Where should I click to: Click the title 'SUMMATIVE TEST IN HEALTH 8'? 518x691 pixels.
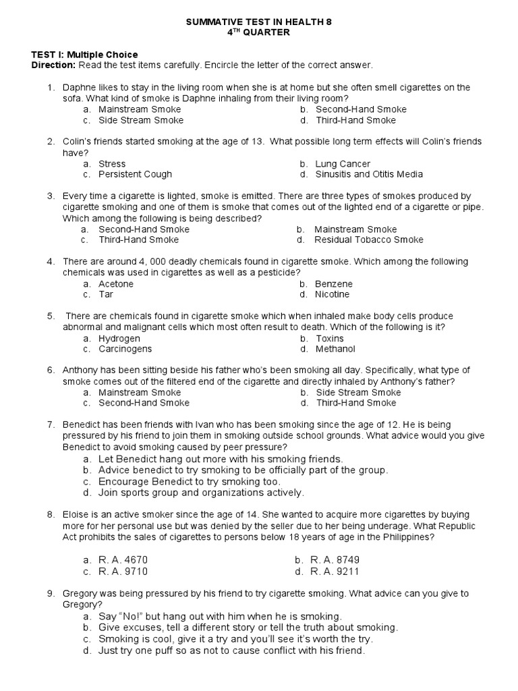(258, 22)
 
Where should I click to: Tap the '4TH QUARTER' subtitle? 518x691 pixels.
(258, 32)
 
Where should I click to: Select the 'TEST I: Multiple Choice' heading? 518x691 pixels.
(85, 55)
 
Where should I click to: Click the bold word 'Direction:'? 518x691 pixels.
(54, 65)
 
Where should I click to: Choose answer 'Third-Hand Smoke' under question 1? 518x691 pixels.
(355, 120)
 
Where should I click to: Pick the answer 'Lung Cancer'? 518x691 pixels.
(343, 164)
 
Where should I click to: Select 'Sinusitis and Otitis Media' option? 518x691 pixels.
(369, 174)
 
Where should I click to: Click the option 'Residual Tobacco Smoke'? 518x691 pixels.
(369, 240)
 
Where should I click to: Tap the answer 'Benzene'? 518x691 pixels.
(334, 284)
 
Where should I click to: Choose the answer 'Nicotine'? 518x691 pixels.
(333, 294)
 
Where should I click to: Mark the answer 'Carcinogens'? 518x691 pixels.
(125, 349)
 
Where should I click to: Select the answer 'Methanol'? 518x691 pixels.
(335, 349)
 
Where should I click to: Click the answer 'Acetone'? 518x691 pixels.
(116, 284)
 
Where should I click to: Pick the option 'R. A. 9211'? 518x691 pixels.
(335, 571)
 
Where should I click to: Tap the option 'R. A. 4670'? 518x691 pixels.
(123, 560)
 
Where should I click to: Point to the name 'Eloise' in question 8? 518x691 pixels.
(76, 515)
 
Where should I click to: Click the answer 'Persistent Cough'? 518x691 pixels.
(130, 174)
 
